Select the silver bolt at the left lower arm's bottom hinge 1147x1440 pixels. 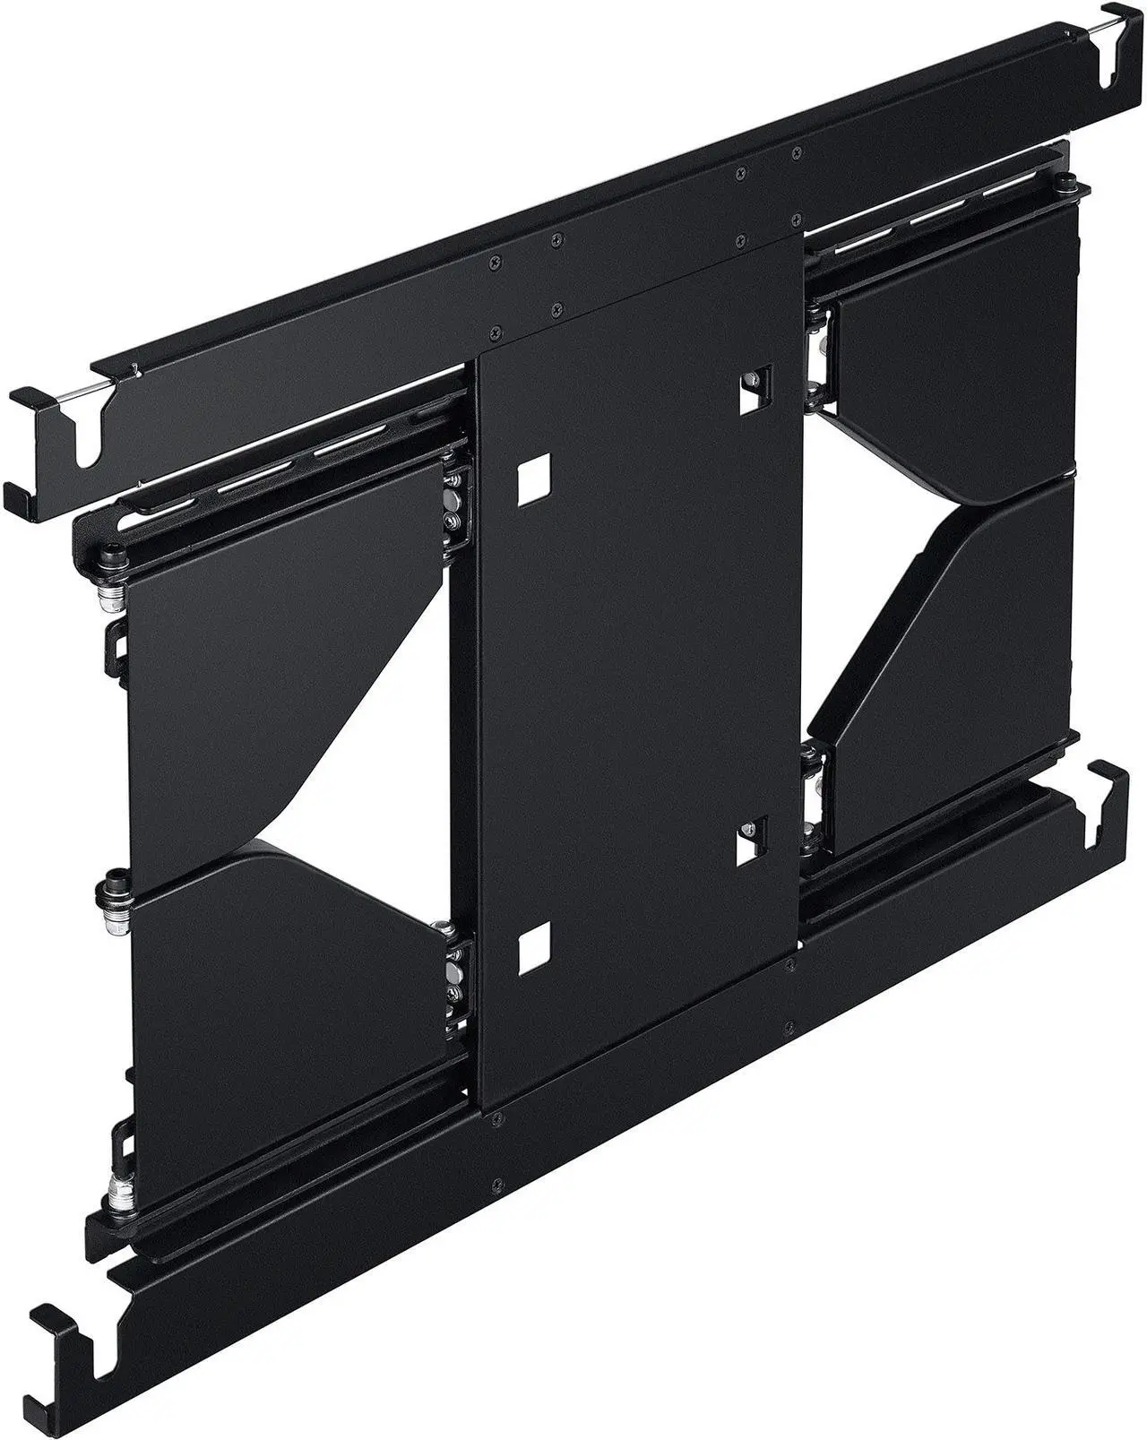(x=116, y=1193)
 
